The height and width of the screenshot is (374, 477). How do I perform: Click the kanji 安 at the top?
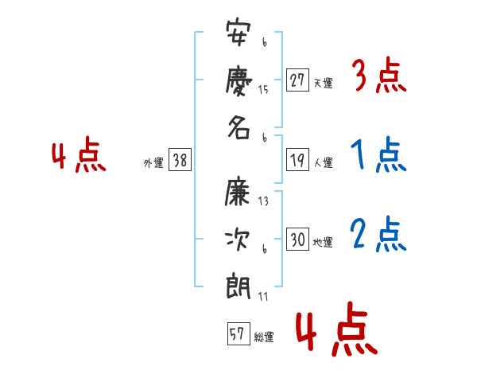point(238,33)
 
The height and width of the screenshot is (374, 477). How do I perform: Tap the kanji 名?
point(239,128)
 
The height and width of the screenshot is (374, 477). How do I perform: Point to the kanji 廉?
point(238,191)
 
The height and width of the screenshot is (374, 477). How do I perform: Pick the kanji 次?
point(238,240)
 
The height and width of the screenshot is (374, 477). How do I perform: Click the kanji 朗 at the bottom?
point(238,286)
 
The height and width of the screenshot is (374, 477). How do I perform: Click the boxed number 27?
point(297,80)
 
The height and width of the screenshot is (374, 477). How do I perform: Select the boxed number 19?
point(297,160)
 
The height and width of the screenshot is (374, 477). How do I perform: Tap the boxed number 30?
point(297,239)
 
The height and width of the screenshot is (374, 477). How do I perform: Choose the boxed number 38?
point(180,160)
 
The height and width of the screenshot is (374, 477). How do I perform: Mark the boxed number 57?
point(238,333)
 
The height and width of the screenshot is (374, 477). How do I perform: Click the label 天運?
point(324,83)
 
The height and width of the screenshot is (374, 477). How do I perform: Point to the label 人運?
point(324,162)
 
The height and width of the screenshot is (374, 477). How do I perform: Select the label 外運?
point(153,162)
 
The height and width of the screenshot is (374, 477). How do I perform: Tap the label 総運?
point(264,337)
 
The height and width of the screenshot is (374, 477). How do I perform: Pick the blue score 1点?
point(378,154)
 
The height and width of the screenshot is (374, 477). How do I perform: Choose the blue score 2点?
point(378,234)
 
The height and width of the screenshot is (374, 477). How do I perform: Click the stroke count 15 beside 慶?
point(263,90)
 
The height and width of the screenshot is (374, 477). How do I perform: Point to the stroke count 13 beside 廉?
point(263,201)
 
